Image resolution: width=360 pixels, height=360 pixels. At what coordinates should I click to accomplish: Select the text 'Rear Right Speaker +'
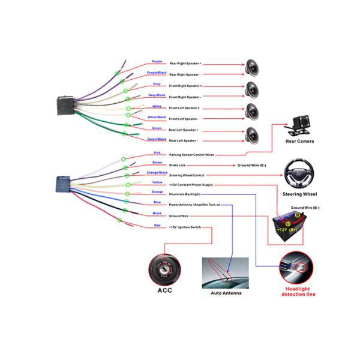[x=185, y=64]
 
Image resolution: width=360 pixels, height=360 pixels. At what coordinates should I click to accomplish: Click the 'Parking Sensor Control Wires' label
[x=191, y=155]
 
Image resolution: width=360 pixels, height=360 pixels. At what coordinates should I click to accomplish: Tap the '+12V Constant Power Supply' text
[x=190, y=185]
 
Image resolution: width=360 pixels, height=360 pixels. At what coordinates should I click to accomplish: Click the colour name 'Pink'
[x=157, y=152]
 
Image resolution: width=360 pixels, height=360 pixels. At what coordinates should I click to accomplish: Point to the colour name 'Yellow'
[x=157, y=182]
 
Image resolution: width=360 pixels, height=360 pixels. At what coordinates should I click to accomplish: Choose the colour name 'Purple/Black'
[x=157, y=73]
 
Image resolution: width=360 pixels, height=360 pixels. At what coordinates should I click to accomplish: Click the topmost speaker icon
[x=253, y=65]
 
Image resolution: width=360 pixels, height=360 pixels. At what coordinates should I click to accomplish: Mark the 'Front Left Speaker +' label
[x=184, y=108]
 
